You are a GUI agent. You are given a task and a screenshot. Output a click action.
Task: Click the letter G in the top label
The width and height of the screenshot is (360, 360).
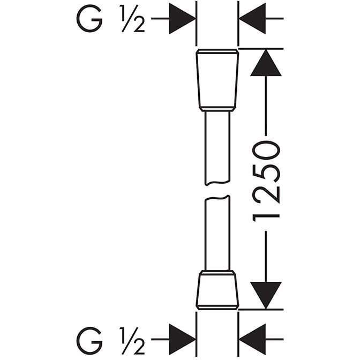click(x=89, y=18)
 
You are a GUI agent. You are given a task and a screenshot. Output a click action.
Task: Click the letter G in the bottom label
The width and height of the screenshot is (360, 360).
click(x=89, y=340)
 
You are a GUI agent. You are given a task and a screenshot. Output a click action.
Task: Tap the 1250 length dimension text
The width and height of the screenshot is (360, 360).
click(x=266, y=182)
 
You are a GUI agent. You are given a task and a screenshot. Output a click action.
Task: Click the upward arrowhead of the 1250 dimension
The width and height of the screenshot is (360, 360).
click(x=266, y=63)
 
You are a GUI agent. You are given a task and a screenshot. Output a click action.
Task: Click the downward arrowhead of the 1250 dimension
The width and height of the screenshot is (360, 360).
click(x=266, y=296)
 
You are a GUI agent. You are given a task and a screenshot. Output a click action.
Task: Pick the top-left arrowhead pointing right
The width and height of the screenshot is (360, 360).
click(x=182, y=18)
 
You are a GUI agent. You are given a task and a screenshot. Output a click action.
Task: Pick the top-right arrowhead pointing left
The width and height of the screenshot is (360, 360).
click(x=252, y=18)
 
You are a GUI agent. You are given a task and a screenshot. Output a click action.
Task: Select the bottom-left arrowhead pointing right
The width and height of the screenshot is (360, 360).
click(x=182, y=339)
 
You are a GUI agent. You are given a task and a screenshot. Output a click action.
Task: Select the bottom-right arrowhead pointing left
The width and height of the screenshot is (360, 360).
click(x=252, y=339)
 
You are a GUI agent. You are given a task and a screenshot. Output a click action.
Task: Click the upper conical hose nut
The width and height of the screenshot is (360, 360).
click(x=217, y=80)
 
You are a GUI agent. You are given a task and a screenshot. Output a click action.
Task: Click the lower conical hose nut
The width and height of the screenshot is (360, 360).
click(x=217, y=290)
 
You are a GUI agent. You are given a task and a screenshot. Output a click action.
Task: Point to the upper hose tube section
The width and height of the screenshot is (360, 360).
click(x=217, y=147)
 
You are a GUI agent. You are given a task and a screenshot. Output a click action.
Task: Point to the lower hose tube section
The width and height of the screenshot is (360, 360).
click(x=217, y=233)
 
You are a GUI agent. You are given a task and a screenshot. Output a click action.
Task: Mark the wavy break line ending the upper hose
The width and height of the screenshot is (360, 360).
click(x=217, y=183)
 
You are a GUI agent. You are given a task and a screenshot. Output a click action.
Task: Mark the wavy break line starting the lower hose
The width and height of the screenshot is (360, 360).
click(x=217, y=198)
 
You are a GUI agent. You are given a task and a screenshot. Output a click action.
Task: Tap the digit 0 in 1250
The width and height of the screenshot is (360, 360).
click(x=266, y=150)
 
